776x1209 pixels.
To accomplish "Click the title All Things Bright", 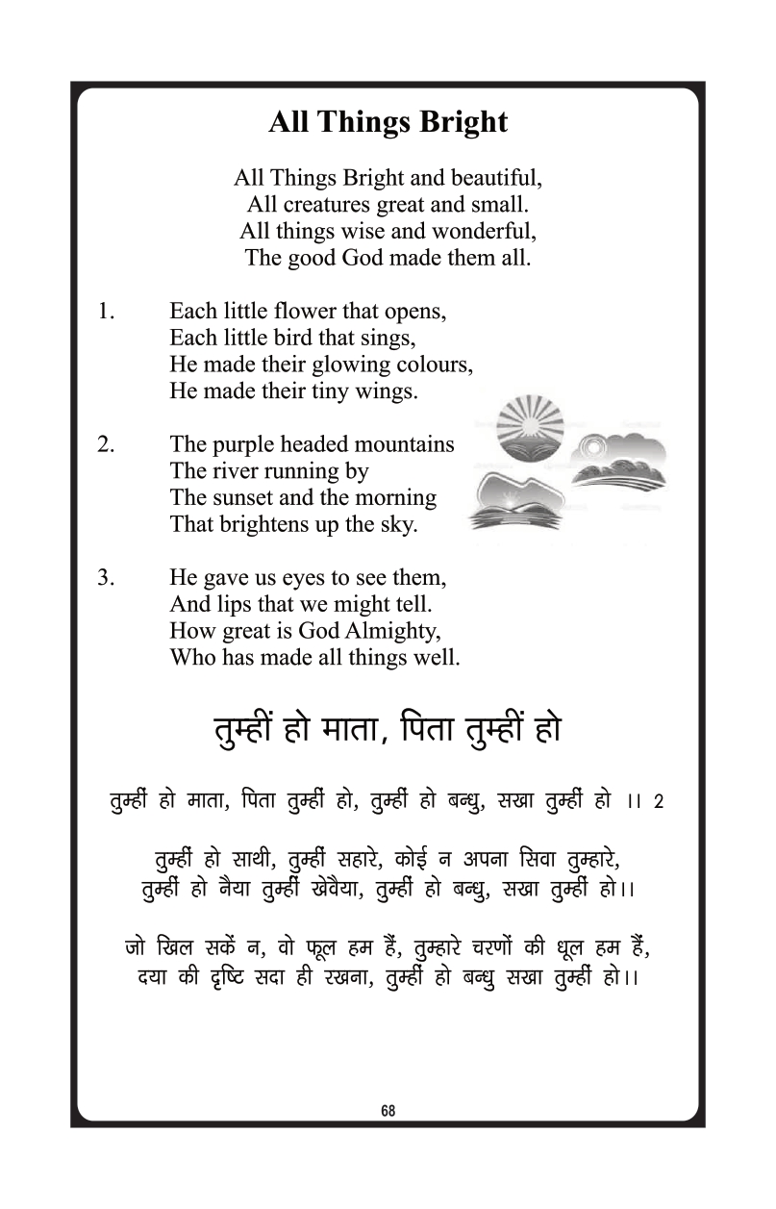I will tap(388, 123).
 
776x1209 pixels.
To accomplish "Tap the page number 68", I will tap(388, 1110).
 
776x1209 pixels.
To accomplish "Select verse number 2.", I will tap(106, 445).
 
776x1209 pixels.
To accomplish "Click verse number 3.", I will tap(106, 579).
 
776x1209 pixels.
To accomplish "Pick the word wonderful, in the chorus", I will tap(485, 232).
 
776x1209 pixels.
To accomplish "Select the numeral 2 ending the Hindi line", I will tap(659, 801).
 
